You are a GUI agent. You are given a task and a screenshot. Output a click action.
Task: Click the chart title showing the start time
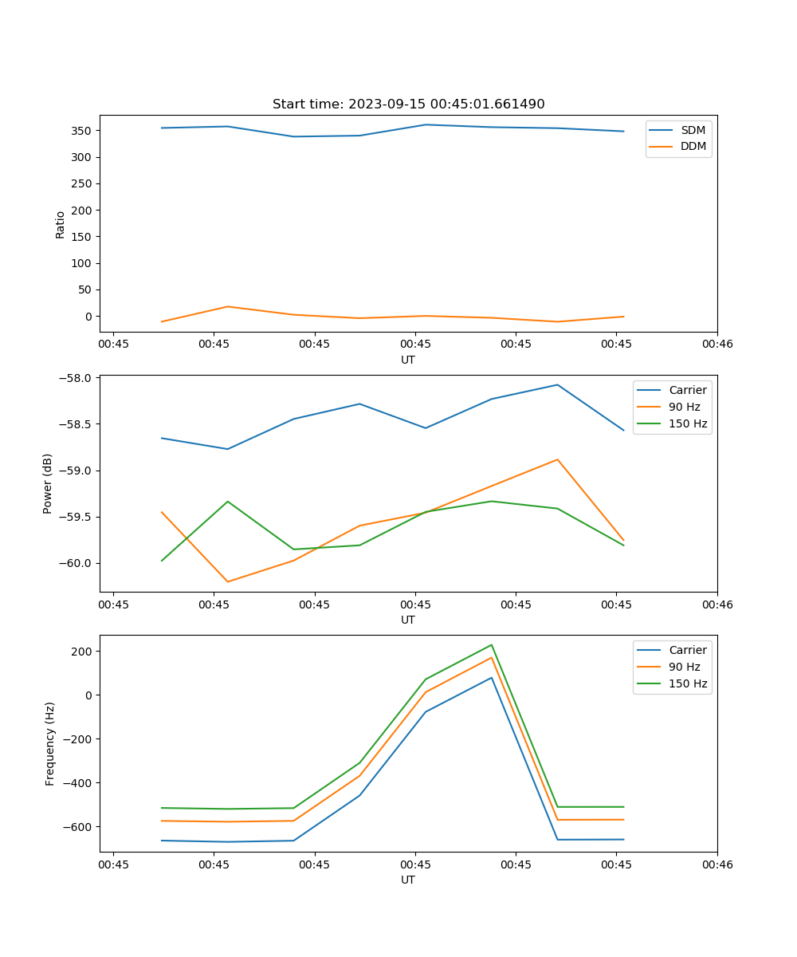[x=408, y=104]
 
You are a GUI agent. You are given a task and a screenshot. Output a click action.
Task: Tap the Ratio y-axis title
[x=61, y=225]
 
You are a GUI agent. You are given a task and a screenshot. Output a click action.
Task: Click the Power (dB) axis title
[x=48, y=483]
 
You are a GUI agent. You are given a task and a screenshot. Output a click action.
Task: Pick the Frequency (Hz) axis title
[x=50, y=743]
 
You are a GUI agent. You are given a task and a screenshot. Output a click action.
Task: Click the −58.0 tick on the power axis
[x=77, y=378]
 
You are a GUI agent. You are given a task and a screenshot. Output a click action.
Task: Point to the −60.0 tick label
[x=77, y=563]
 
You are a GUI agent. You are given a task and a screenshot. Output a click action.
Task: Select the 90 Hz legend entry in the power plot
[x=685, y=407]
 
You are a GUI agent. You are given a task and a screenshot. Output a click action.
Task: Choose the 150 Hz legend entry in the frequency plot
[x=688, y=683]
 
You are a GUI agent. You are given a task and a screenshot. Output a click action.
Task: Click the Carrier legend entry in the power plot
[x=687, y=390]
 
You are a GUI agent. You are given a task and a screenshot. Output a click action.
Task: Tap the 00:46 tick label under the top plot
[x=717, y=344]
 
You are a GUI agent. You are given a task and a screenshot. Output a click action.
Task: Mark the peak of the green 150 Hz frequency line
[x=492, y=645]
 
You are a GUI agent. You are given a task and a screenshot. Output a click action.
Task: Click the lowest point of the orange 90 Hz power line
[x=228, y=581]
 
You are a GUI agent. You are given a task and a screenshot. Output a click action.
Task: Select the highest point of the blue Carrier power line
[x=558, y=385]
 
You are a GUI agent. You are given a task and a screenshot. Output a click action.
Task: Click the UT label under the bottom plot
[x=408, y=880]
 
